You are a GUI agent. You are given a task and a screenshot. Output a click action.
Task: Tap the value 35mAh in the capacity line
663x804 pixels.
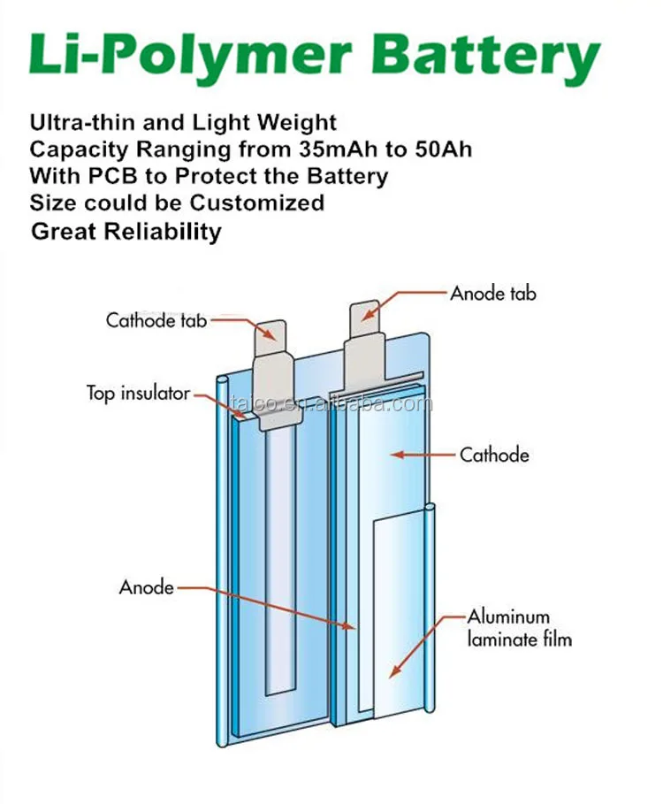[311, 149]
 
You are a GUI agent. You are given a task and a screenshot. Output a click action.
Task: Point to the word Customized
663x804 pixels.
[257, 203]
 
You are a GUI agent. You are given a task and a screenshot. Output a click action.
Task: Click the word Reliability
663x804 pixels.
[163, 232]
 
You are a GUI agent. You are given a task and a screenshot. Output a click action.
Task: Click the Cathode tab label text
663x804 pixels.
[156, 320]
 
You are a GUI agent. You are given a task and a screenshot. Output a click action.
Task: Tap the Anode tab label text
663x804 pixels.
[493, 293]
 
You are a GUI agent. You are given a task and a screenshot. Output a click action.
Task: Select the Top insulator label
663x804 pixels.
[138, 392]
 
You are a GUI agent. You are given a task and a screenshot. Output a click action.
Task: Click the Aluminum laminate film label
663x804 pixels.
[520, 627]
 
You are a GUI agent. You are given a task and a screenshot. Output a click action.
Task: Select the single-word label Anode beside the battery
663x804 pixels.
[147, 586]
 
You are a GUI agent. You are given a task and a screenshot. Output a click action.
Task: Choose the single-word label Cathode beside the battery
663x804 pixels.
[494, 456]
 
